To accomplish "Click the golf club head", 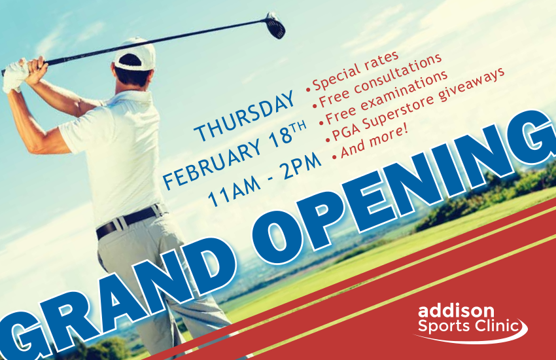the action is click(275, 26).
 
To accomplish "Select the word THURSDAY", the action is click(245, 116).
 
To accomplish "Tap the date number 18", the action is click(279, 137).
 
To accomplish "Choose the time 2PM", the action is click(302, 166).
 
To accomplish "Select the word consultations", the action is click(398, 75).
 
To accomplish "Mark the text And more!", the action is click(374, 141).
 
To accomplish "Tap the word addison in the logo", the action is click(456, 311).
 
